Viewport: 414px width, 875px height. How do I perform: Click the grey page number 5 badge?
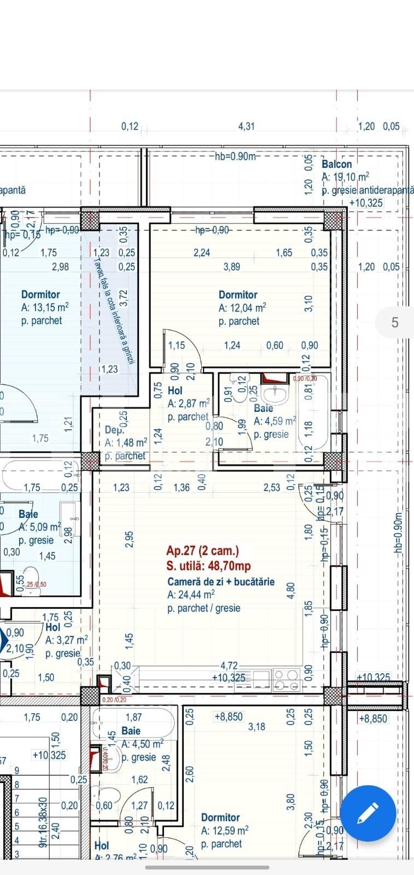395,323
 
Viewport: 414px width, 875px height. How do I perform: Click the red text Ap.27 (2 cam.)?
203,551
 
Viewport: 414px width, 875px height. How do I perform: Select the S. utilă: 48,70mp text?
209,566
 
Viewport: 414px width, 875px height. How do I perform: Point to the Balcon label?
337,164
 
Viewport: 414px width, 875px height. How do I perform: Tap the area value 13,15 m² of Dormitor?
45,308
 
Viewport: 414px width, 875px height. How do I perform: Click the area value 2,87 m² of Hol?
189,404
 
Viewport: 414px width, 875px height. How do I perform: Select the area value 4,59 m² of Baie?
275,421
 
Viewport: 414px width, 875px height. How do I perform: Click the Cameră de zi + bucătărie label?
221,582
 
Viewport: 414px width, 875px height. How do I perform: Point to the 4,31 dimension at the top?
247,126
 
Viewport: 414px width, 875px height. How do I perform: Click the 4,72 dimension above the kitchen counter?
229,666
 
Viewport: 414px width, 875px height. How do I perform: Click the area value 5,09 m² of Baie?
40,527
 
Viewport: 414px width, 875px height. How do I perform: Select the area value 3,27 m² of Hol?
66,640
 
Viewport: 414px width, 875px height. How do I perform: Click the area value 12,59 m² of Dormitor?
225,830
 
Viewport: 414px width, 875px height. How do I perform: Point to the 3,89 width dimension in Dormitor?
232,267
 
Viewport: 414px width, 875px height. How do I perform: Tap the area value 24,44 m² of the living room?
191,595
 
